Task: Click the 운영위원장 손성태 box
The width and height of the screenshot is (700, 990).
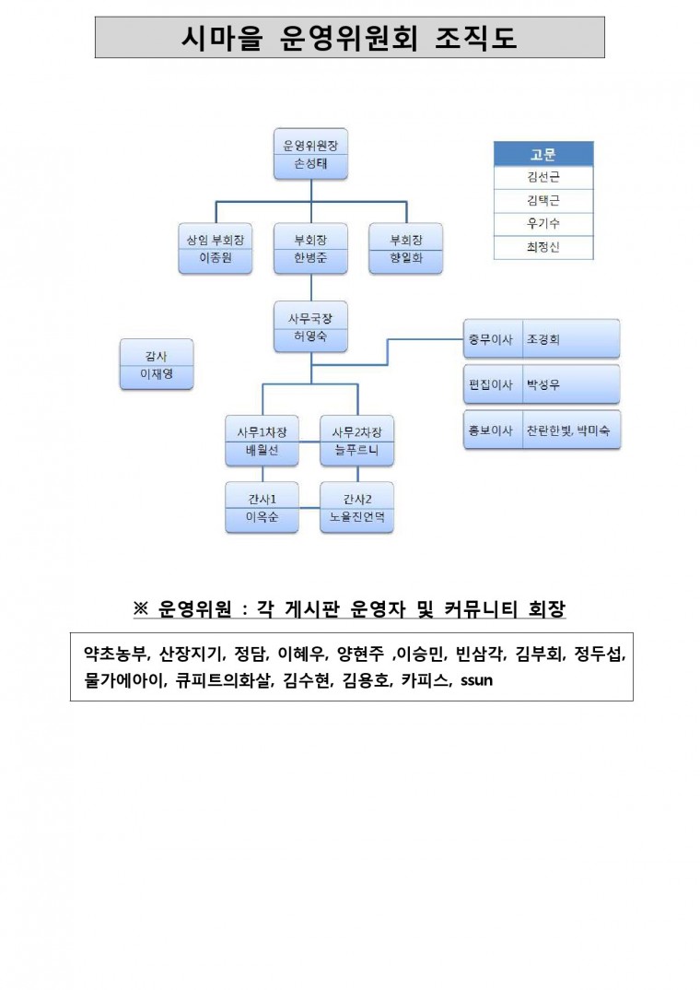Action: pos(310,154)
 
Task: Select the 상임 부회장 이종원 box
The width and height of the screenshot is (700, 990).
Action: pos(215,248)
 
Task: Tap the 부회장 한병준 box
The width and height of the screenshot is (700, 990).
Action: pos(310,248)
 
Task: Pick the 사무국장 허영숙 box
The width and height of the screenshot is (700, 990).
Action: pos(310,326)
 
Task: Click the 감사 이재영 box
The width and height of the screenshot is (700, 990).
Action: pos(157,364)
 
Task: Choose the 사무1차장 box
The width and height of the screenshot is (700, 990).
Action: pos(262,441)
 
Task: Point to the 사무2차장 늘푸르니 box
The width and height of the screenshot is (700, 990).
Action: pos(357,441)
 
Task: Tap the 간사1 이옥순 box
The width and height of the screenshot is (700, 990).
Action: pos(262,508)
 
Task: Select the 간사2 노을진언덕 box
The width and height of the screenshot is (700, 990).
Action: pos(357,508)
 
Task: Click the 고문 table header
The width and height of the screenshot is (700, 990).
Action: pos(543,154)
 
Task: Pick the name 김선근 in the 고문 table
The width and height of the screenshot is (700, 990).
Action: pos(543,177)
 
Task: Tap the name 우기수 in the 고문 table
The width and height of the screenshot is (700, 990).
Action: pos(543,223)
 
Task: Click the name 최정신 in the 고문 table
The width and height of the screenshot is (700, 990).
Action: pos(543,247)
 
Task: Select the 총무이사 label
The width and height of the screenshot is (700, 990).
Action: pos(491,339)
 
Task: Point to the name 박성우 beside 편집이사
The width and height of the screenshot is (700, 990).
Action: pos(543,384)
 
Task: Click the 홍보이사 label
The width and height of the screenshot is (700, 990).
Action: pos(491,430)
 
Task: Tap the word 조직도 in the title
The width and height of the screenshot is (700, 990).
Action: pos(476,38)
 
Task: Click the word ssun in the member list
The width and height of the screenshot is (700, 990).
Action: pos(477,680)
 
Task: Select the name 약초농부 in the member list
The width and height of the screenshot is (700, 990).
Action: pos(116,654)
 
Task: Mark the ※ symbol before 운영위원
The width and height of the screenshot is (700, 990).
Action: pos(140,608)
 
